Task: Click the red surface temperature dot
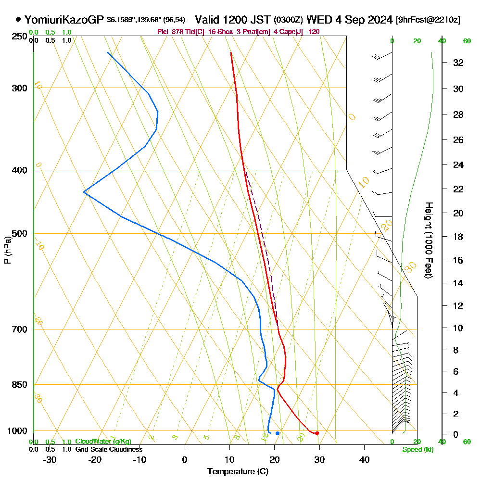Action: (x=317, y=433)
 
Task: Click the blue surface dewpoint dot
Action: (x=278, y=433)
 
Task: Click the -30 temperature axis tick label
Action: (x=50, y=460)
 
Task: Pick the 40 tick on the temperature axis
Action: (x=364, y=460)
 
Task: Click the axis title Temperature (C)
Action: (x=238, y=472)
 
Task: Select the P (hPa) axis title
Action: (x=7, y=250)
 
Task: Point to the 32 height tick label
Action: (x=458, y=63)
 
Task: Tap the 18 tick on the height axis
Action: (x=458, y=237)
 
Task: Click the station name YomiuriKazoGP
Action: (x=64, y=20)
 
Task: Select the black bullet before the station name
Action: (x=18, y=20)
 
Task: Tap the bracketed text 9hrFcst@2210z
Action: (x=428, y=20)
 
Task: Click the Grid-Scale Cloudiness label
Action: (x=109, y=449)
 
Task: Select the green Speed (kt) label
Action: (x=417, y=450)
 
